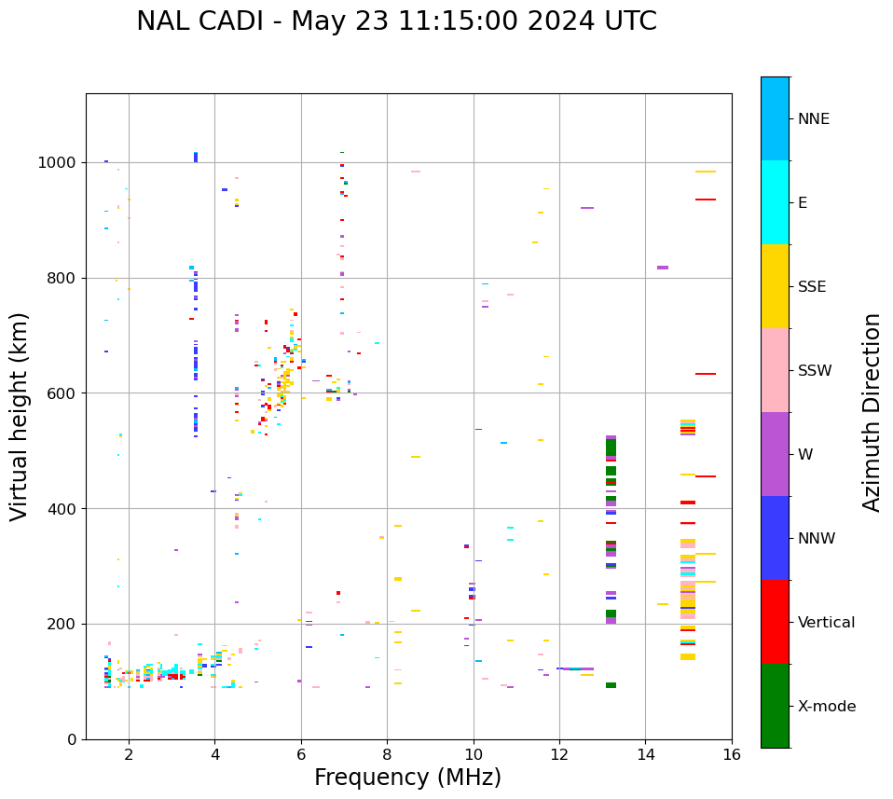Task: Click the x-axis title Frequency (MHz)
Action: pos(407,778)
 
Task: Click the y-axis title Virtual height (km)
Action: pos(20,417)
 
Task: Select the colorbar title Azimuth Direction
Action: pos(872,412)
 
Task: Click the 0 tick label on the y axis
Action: pos(73,739)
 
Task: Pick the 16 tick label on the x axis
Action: pos(732,754)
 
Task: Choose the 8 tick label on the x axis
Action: pos(387,754)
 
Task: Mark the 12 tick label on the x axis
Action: pos(559,754)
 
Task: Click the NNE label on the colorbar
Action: pos(813,119)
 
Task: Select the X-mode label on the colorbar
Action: pos(827,707)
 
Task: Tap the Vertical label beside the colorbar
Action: pos(826,623)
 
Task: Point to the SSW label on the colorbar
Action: pos(815,371)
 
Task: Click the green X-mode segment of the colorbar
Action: pos(775,706)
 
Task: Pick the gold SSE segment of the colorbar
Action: pos(775,286)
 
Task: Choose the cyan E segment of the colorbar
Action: pos(775,202)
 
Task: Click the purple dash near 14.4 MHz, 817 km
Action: pos(662,268)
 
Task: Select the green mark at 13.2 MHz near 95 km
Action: pos(611,685)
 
